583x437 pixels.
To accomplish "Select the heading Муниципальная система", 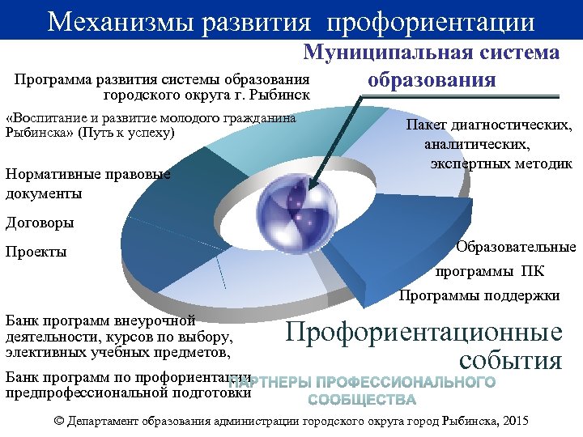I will coord(431,53).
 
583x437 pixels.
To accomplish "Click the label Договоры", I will coord(40,223).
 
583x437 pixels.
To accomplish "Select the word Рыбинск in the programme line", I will coord(283,95).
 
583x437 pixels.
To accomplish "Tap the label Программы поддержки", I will coord(479,295).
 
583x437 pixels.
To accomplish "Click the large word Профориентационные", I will coord(424,333).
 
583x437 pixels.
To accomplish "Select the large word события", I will coord(509,360).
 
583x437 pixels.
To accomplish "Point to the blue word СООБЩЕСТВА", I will coord(361,400).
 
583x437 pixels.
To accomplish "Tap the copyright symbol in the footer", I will coord(57,422).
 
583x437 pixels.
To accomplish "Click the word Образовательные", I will coord(516,247).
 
